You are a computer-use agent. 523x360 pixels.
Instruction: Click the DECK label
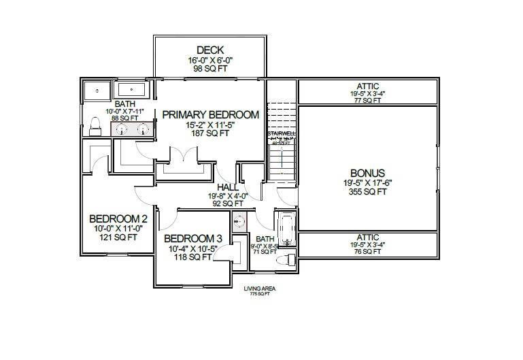click(x=211, y=50)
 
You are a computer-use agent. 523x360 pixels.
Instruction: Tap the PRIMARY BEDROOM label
click(x=210, y=115)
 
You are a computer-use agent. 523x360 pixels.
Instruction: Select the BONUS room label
click(x=368, y=173)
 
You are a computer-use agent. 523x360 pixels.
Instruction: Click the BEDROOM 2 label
click(x=118, y=218)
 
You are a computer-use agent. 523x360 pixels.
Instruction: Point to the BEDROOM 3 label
click(x=193, y=238)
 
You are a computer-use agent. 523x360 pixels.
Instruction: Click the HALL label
click(x=228, y=186)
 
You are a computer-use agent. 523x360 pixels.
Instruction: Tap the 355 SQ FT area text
click(x=368, y=192)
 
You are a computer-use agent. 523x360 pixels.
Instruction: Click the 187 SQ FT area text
click(x=210, y=133)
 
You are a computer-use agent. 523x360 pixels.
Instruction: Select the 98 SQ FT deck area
click(x=210, y=69)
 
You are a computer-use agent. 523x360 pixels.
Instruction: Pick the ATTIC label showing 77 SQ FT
click(x=368, y=87)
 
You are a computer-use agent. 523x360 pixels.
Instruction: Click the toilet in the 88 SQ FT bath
click(x=96, y=123)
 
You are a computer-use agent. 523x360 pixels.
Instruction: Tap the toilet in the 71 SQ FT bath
click(x=288, y=259)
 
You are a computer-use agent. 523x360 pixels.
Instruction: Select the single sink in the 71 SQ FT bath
click(x=239, y=220)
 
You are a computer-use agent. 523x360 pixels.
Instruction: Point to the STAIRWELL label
click(x=280, y=134)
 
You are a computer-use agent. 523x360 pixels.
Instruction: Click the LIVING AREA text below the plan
click(x=259, y=289)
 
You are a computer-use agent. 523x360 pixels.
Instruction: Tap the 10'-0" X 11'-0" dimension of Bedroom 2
click(x=118, y=229)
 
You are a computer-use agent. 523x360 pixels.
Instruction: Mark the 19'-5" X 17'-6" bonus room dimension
click(x=368, y=182)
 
